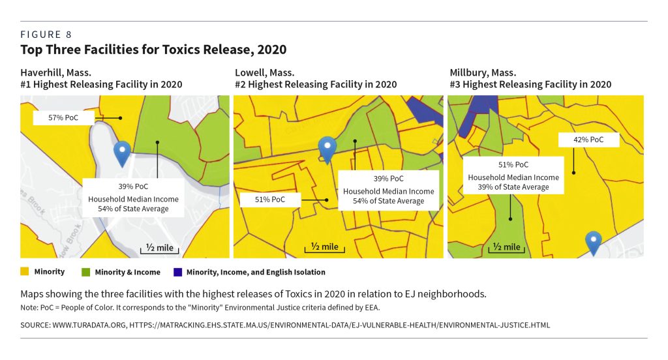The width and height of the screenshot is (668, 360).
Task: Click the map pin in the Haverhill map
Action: (x=122, y=153)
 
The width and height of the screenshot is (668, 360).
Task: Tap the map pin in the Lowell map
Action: (x=326, y=148)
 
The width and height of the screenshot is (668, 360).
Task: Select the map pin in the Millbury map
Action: (x=593, y=242)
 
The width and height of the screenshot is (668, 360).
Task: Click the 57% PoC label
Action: (x=64, y=118)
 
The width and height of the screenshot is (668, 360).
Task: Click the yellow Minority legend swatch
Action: (x=25, y=272)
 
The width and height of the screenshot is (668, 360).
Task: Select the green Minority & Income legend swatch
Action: (x=86, y=272)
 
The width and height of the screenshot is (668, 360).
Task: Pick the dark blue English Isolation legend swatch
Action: (x=177, y=272)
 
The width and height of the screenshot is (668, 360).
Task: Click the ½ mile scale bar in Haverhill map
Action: (x=157, y=248)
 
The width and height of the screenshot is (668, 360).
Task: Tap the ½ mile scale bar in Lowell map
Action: (x=324, y=247)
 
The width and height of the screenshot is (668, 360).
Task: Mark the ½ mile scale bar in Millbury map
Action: (x=506, y=247)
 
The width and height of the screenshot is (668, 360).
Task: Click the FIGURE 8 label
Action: (x=46, y=34)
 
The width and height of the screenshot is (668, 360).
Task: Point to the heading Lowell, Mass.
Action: (x=264, y=72)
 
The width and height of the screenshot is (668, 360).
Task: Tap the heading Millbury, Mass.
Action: (x=483, y=72)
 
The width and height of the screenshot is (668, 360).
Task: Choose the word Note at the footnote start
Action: (x=29, y=307)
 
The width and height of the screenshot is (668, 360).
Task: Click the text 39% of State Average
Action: (x=513, y=187)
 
